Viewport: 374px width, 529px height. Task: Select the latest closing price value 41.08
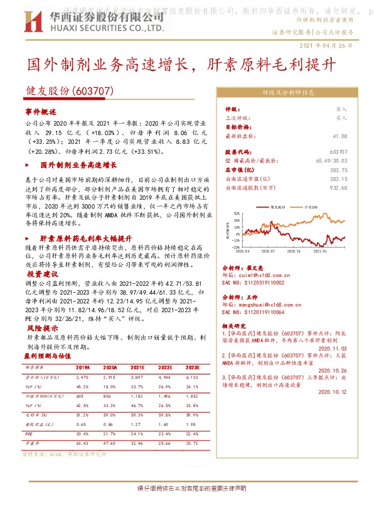[340, 135]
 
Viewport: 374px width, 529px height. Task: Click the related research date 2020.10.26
[332, 370]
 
